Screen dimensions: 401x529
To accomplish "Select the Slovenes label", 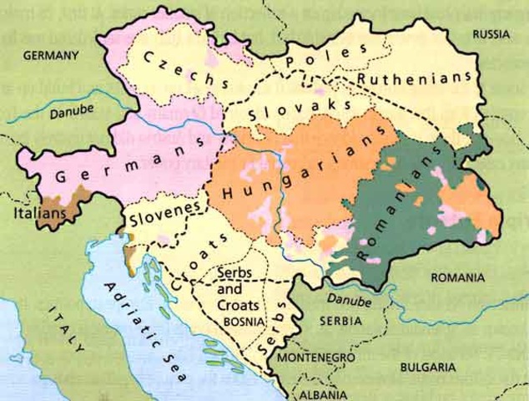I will click(x=164, y=214).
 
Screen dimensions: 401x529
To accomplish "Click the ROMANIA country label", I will click(x=456, y=277).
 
